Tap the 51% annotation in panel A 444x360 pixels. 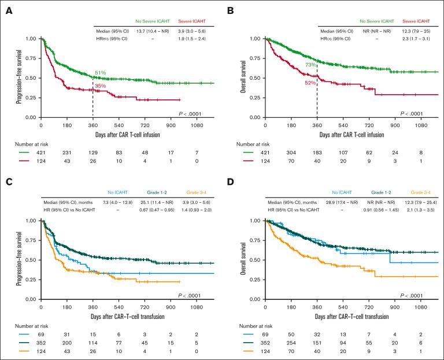(x=100, y=73)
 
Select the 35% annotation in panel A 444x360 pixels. (x=100, y=86)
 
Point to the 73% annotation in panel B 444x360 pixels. (x=310, y=65)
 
